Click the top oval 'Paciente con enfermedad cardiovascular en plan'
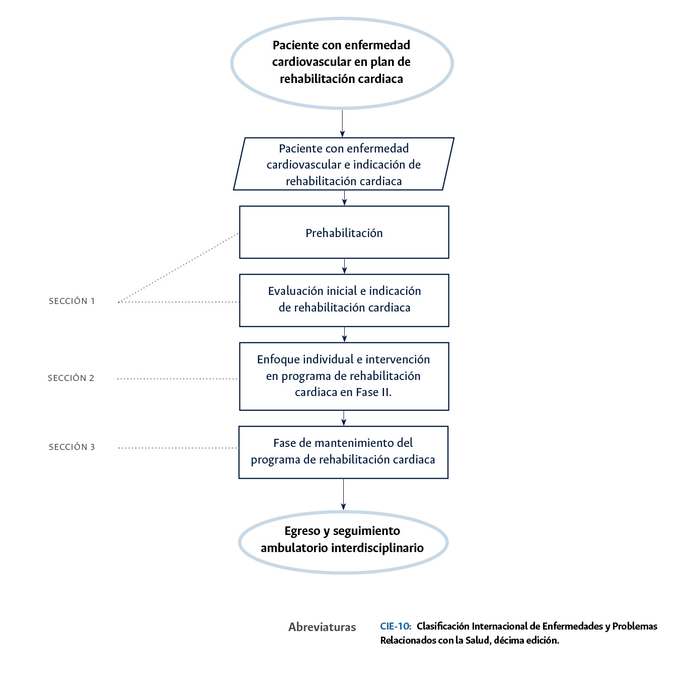click(x=342, y=62)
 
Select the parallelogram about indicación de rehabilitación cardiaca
click(x=343, y=165)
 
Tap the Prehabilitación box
click(x=344, y=233)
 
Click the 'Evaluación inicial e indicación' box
click(x=344, y=299)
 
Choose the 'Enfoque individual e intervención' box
click(x=344, y=376)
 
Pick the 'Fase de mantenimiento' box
click(x=343, y=451)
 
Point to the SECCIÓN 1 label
click(x=72, y=301)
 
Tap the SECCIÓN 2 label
click(x=71, y=378)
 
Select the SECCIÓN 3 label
click(x=72, y=447)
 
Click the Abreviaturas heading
click(x=322, y=627)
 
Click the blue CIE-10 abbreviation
click(x=396, y=626)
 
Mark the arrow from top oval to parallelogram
click(x=342, y=123)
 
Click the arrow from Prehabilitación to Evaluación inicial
click(x=344, y=266)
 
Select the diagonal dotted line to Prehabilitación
click(x=179, y=268)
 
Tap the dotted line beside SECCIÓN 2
click(x=177, y=378)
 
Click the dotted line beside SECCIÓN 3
click(x=178, y=447)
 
